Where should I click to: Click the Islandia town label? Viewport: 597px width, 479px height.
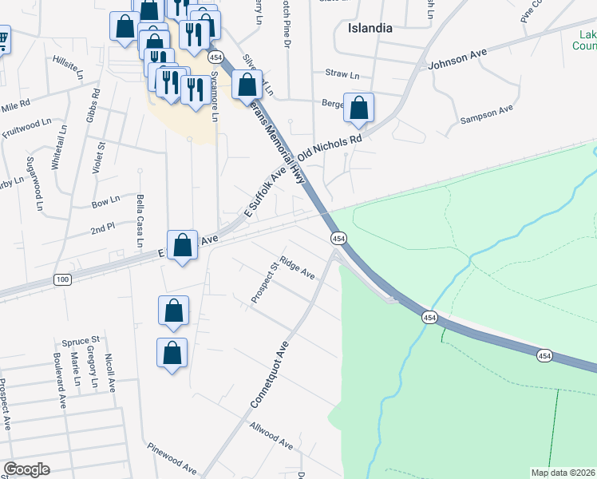click(x=370, y=28)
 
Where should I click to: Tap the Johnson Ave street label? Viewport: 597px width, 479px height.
click(x=457, y=59)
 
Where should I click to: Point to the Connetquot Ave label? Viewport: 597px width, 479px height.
click(x=268, y=376)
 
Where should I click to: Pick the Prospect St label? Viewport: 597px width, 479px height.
click(x=263, y=283)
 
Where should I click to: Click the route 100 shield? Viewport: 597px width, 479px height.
click(x=63, y=279)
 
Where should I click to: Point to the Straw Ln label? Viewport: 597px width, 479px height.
click(x=342, y=74)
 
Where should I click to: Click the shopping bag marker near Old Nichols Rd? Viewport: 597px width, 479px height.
click(x=359, y=108)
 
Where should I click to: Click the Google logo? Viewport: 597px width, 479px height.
click(x=26, y=469)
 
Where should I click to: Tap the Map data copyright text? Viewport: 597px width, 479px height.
click(x=563, y=473)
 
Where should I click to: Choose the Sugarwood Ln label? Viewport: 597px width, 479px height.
click(x=37, y=183)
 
